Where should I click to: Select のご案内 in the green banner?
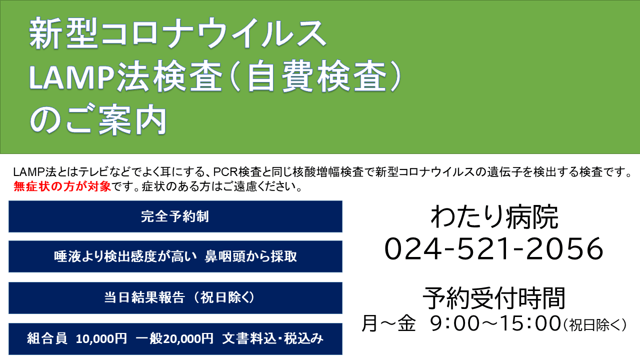click(x=98, y=121)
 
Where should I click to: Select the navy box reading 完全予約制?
click(x=175, y=216)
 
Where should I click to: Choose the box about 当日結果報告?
click(x=175, y=298)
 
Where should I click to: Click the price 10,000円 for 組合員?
click(x=101, y=339)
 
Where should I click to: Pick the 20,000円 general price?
click(x=187, y=339)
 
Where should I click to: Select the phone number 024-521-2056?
click(x=494, y=248)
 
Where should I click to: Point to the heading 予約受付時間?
click(x=494, y=298)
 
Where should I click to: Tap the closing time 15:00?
click(x=529, y=324)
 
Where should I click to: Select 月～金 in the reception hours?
click(x=388, y=324)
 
